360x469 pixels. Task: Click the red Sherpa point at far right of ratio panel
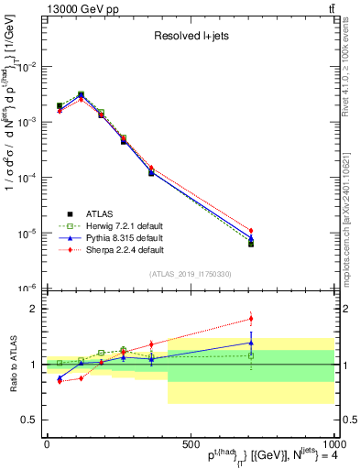(250, 319)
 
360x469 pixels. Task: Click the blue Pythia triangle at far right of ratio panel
(250, 343)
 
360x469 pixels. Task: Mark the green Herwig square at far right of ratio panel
(250, 355)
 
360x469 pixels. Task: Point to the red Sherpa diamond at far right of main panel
(250, 231)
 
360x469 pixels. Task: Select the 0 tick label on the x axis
(46, 443)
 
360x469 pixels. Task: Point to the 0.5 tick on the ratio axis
(31, 420)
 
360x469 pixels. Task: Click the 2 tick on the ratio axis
(35, 309)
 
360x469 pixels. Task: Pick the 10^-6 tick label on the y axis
(27, 288)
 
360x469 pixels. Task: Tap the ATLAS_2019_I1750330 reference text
(189, 274)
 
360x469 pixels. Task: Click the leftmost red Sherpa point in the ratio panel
(60, 380)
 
